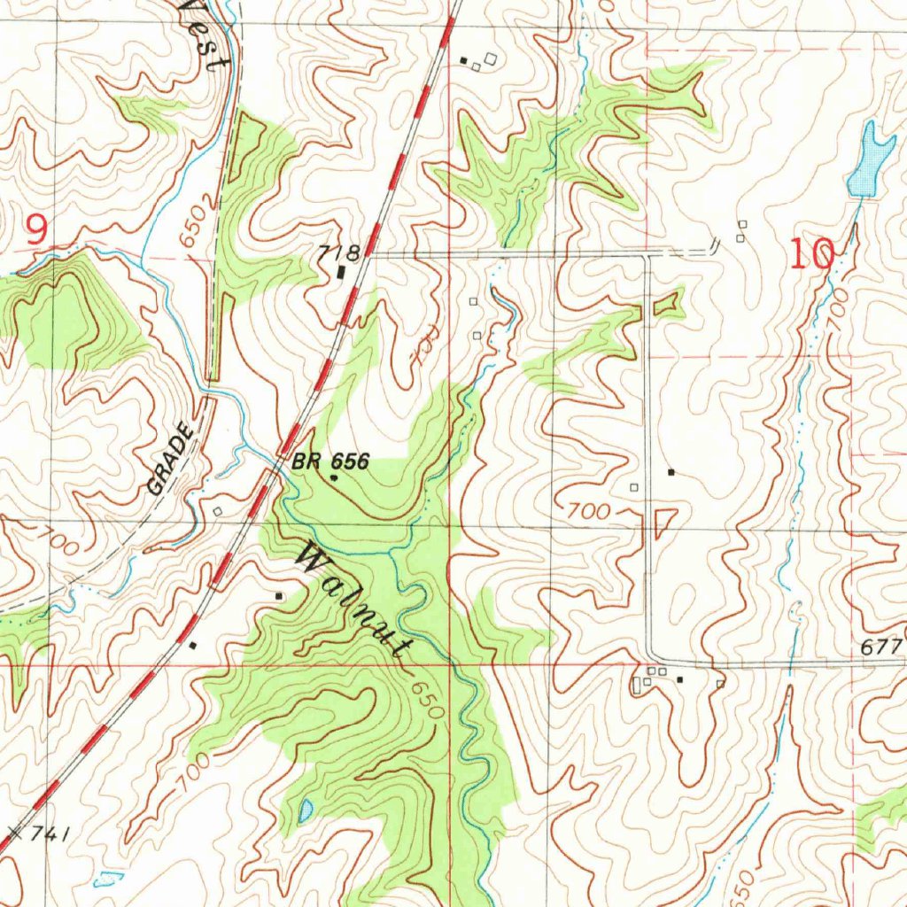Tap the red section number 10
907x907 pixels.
tap(811, 256)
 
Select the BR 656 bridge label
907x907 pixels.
tap(329, 461)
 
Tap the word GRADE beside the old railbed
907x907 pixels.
tap(170, 459)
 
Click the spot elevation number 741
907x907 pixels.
tap(46, 833)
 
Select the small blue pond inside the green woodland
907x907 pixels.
tap(306, 810)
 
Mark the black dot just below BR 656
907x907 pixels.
tap(334, 477)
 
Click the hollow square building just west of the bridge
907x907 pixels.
tap(218, 512)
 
